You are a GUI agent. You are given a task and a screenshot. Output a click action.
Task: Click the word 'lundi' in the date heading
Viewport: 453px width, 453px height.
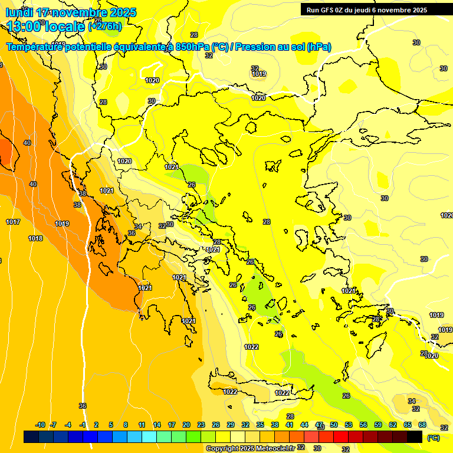tap(18, 12)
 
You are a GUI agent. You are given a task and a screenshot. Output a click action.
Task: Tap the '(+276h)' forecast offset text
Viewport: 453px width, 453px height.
tap(105, 26)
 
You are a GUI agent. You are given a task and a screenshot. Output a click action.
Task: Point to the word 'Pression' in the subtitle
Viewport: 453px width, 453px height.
tap(257, 47)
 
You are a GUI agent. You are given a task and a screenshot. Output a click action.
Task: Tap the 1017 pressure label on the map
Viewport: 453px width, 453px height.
tap(13, 222)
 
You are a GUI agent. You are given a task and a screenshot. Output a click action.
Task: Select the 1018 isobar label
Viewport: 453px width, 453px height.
tap(35, 238)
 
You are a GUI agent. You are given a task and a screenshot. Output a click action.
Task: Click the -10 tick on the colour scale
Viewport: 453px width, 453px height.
tap(40, 425)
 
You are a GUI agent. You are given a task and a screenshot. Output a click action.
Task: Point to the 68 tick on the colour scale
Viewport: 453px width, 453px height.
tap(422, 425)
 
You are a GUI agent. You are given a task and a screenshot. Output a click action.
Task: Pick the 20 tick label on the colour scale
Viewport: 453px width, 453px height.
tap(186, 425)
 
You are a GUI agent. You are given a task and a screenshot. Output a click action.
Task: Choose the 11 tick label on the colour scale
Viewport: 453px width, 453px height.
tap(142, 425)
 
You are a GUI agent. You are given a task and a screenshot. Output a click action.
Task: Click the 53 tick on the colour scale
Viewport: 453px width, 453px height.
tap(349, 425)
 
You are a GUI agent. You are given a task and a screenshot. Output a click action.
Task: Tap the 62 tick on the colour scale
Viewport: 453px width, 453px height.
tap(393, 425)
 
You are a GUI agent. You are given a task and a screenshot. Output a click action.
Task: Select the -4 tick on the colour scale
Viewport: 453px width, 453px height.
tap(68, 425)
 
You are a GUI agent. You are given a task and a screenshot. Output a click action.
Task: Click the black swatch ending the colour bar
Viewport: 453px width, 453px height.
tap(415, 436)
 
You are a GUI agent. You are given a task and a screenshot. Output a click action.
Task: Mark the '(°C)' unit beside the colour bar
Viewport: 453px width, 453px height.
tap(434, 438)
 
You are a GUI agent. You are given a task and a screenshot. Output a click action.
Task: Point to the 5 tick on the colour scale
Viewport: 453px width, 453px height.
tap(111, 425)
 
